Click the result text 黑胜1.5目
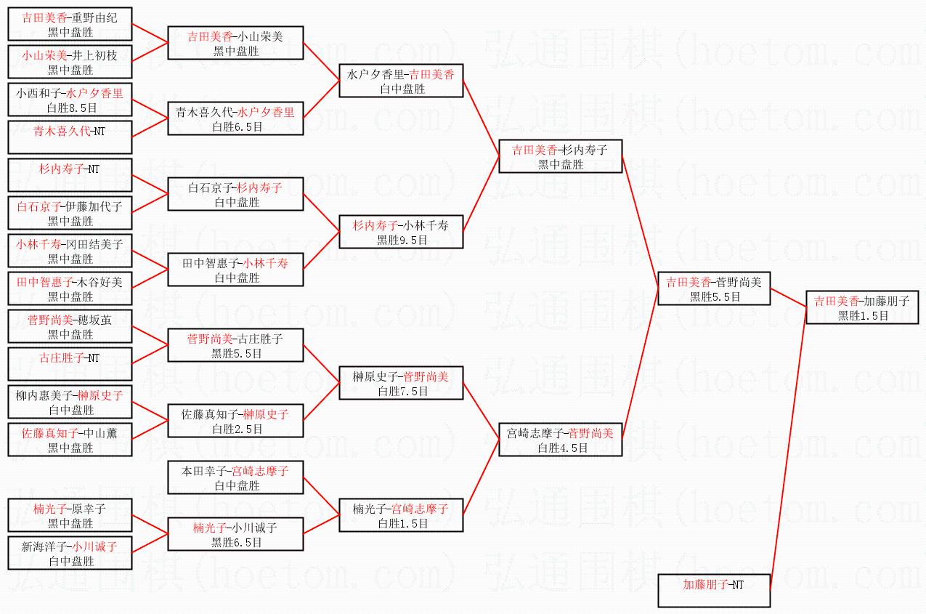coord(863,315)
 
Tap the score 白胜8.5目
coord(70,108)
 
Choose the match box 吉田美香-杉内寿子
coord(560,155)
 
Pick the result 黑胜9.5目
coord(402,240)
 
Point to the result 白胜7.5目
coord(402,391)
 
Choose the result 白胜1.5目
coord(402,523)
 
